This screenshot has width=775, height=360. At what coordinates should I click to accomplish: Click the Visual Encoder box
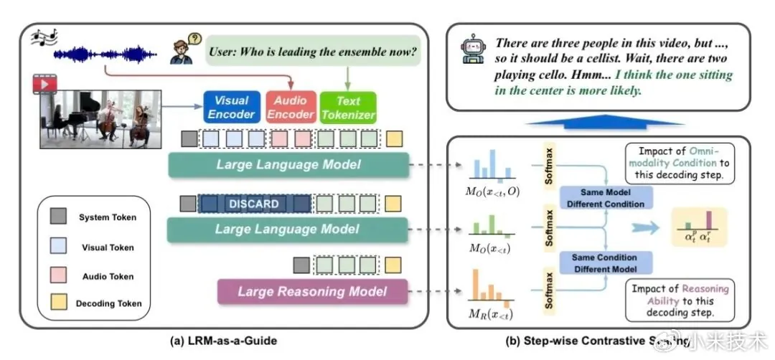(232, 108)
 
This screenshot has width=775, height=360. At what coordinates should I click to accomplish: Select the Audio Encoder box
(291, 108)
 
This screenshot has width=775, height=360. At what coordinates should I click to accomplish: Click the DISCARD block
(254, 204)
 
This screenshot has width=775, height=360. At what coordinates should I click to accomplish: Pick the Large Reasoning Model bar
(312, 292)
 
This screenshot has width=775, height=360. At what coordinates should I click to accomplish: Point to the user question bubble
(314, 52)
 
